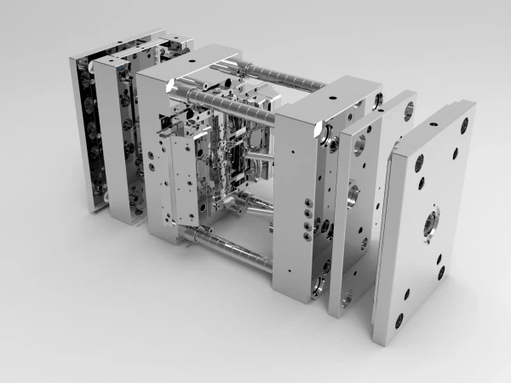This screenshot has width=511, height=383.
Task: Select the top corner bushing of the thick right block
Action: click(324, 133)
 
